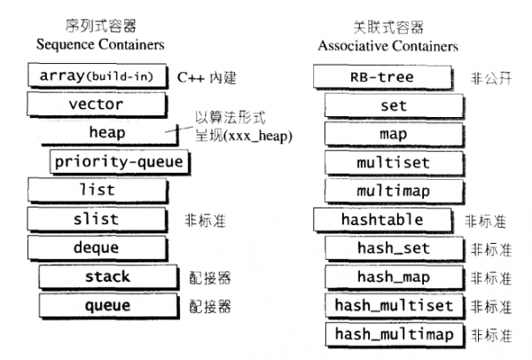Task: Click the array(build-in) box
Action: click(98, 76)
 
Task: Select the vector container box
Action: click(98, 105)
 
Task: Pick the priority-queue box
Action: click(117, 161)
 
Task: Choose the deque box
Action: click(98, 247)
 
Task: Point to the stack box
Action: click(107, 277)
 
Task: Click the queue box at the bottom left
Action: click(107, 306)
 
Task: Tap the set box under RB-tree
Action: click(393, 106)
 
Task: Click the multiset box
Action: click(393, 163)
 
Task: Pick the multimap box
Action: click(393, 192)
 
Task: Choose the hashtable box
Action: click(382, 220)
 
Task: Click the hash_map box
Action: click(393, 277)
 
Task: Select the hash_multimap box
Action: click(393, 334)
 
